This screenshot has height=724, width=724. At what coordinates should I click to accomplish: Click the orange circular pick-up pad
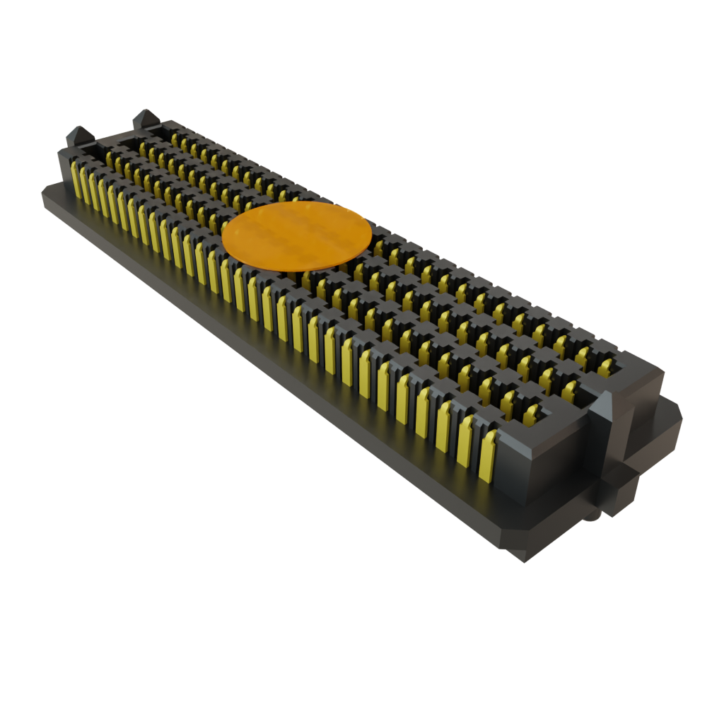(296, 236)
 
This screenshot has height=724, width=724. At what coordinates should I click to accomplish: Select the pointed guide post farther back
(145, 118)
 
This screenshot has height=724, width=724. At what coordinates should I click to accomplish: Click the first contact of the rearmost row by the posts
(175, 137)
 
